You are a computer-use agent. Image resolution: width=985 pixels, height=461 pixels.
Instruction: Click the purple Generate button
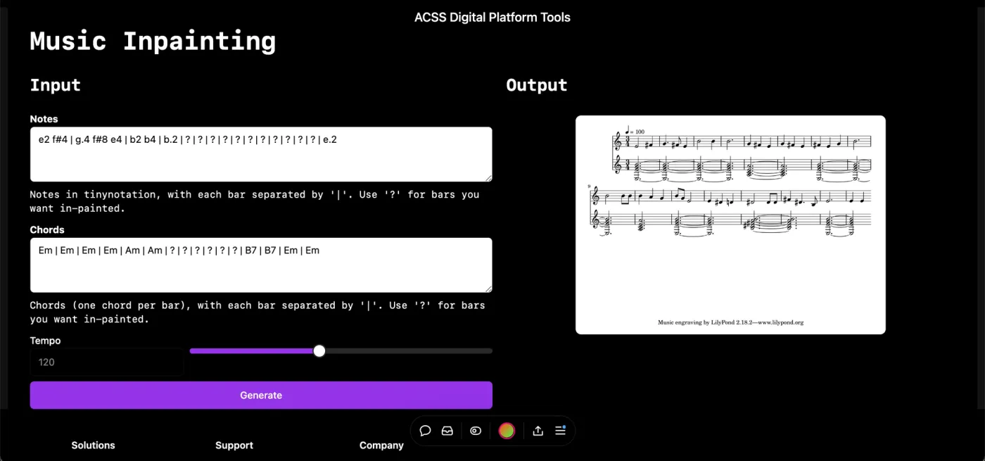(x=261, y=395)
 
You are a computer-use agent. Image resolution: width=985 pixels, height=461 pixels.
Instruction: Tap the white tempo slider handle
(x=319, y=351)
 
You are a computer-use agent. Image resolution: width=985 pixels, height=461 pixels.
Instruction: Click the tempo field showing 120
(x=106, y=362)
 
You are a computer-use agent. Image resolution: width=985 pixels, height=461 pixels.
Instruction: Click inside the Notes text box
(x=261, y=154)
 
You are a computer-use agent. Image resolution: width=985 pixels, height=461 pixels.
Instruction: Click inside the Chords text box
(x=261, y=265)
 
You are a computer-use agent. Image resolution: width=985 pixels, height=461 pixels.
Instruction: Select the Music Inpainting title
(x=153, y=41)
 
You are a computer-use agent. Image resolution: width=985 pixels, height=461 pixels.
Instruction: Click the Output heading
(x=536, y=85)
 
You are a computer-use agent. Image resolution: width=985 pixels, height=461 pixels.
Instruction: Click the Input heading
(x=56, y=85)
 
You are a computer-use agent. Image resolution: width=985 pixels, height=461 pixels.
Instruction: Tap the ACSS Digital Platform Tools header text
(x=492, y=17)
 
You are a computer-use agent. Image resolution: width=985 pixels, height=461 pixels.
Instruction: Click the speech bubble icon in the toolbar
(x=425, y=431)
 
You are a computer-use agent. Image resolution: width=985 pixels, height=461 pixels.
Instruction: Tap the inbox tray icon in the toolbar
(x=447, y=431)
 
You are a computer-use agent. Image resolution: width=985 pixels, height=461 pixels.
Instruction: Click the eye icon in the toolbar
(x=476, y=431)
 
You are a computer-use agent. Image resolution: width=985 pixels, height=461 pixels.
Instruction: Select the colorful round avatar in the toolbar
(x=507, y=431)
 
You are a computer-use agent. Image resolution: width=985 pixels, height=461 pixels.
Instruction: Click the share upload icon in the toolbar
(x=538, y=431)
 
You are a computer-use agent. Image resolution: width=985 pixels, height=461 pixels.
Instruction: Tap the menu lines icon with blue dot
(x=560, y=430)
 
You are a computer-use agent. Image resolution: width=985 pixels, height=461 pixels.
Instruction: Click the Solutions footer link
(x=93, y=445)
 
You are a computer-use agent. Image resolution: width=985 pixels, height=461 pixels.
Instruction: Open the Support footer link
(x=234, y=445)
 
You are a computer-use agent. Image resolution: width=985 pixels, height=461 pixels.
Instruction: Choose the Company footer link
(x=381, y=445)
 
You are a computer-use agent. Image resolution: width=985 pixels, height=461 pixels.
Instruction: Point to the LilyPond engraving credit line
(x=730, y=322)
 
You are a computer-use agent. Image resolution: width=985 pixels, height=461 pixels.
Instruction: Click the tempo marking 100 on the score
(x=640, y=132)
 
